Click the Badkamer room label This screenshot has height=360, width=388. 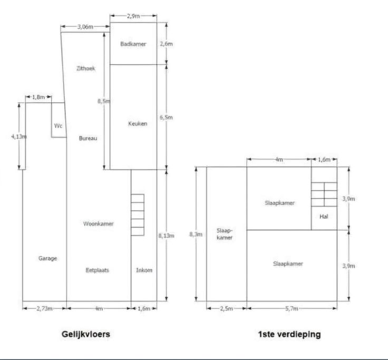[133, 44]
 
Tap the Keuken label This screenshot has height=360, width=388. [137, 124]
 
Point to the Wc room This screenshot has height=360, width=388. [58, 125]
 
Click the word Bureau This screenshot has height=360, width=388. [88, 139]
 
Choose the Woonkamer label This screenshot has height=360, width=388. [99, 223]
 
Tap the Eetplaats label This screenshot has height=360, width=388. [98, 270]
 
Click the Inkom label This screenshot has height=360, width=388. [144, 270]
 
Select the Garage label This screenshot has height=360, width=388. [47, 258]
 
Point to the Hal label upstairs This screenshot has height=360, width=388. [324, 216]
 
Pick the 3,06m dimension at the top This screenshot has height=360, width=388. [85, 26]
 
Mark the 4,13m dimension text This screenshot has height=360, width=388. [19, 136]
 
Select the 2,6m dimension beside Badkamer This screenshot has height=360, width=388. [166, 44]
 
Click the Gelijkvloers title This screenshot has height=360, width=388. [86, 334]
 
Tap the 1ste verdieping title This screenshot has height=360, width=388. [289, 334]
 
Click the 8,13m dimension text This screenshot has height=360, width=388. [166, 236]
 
